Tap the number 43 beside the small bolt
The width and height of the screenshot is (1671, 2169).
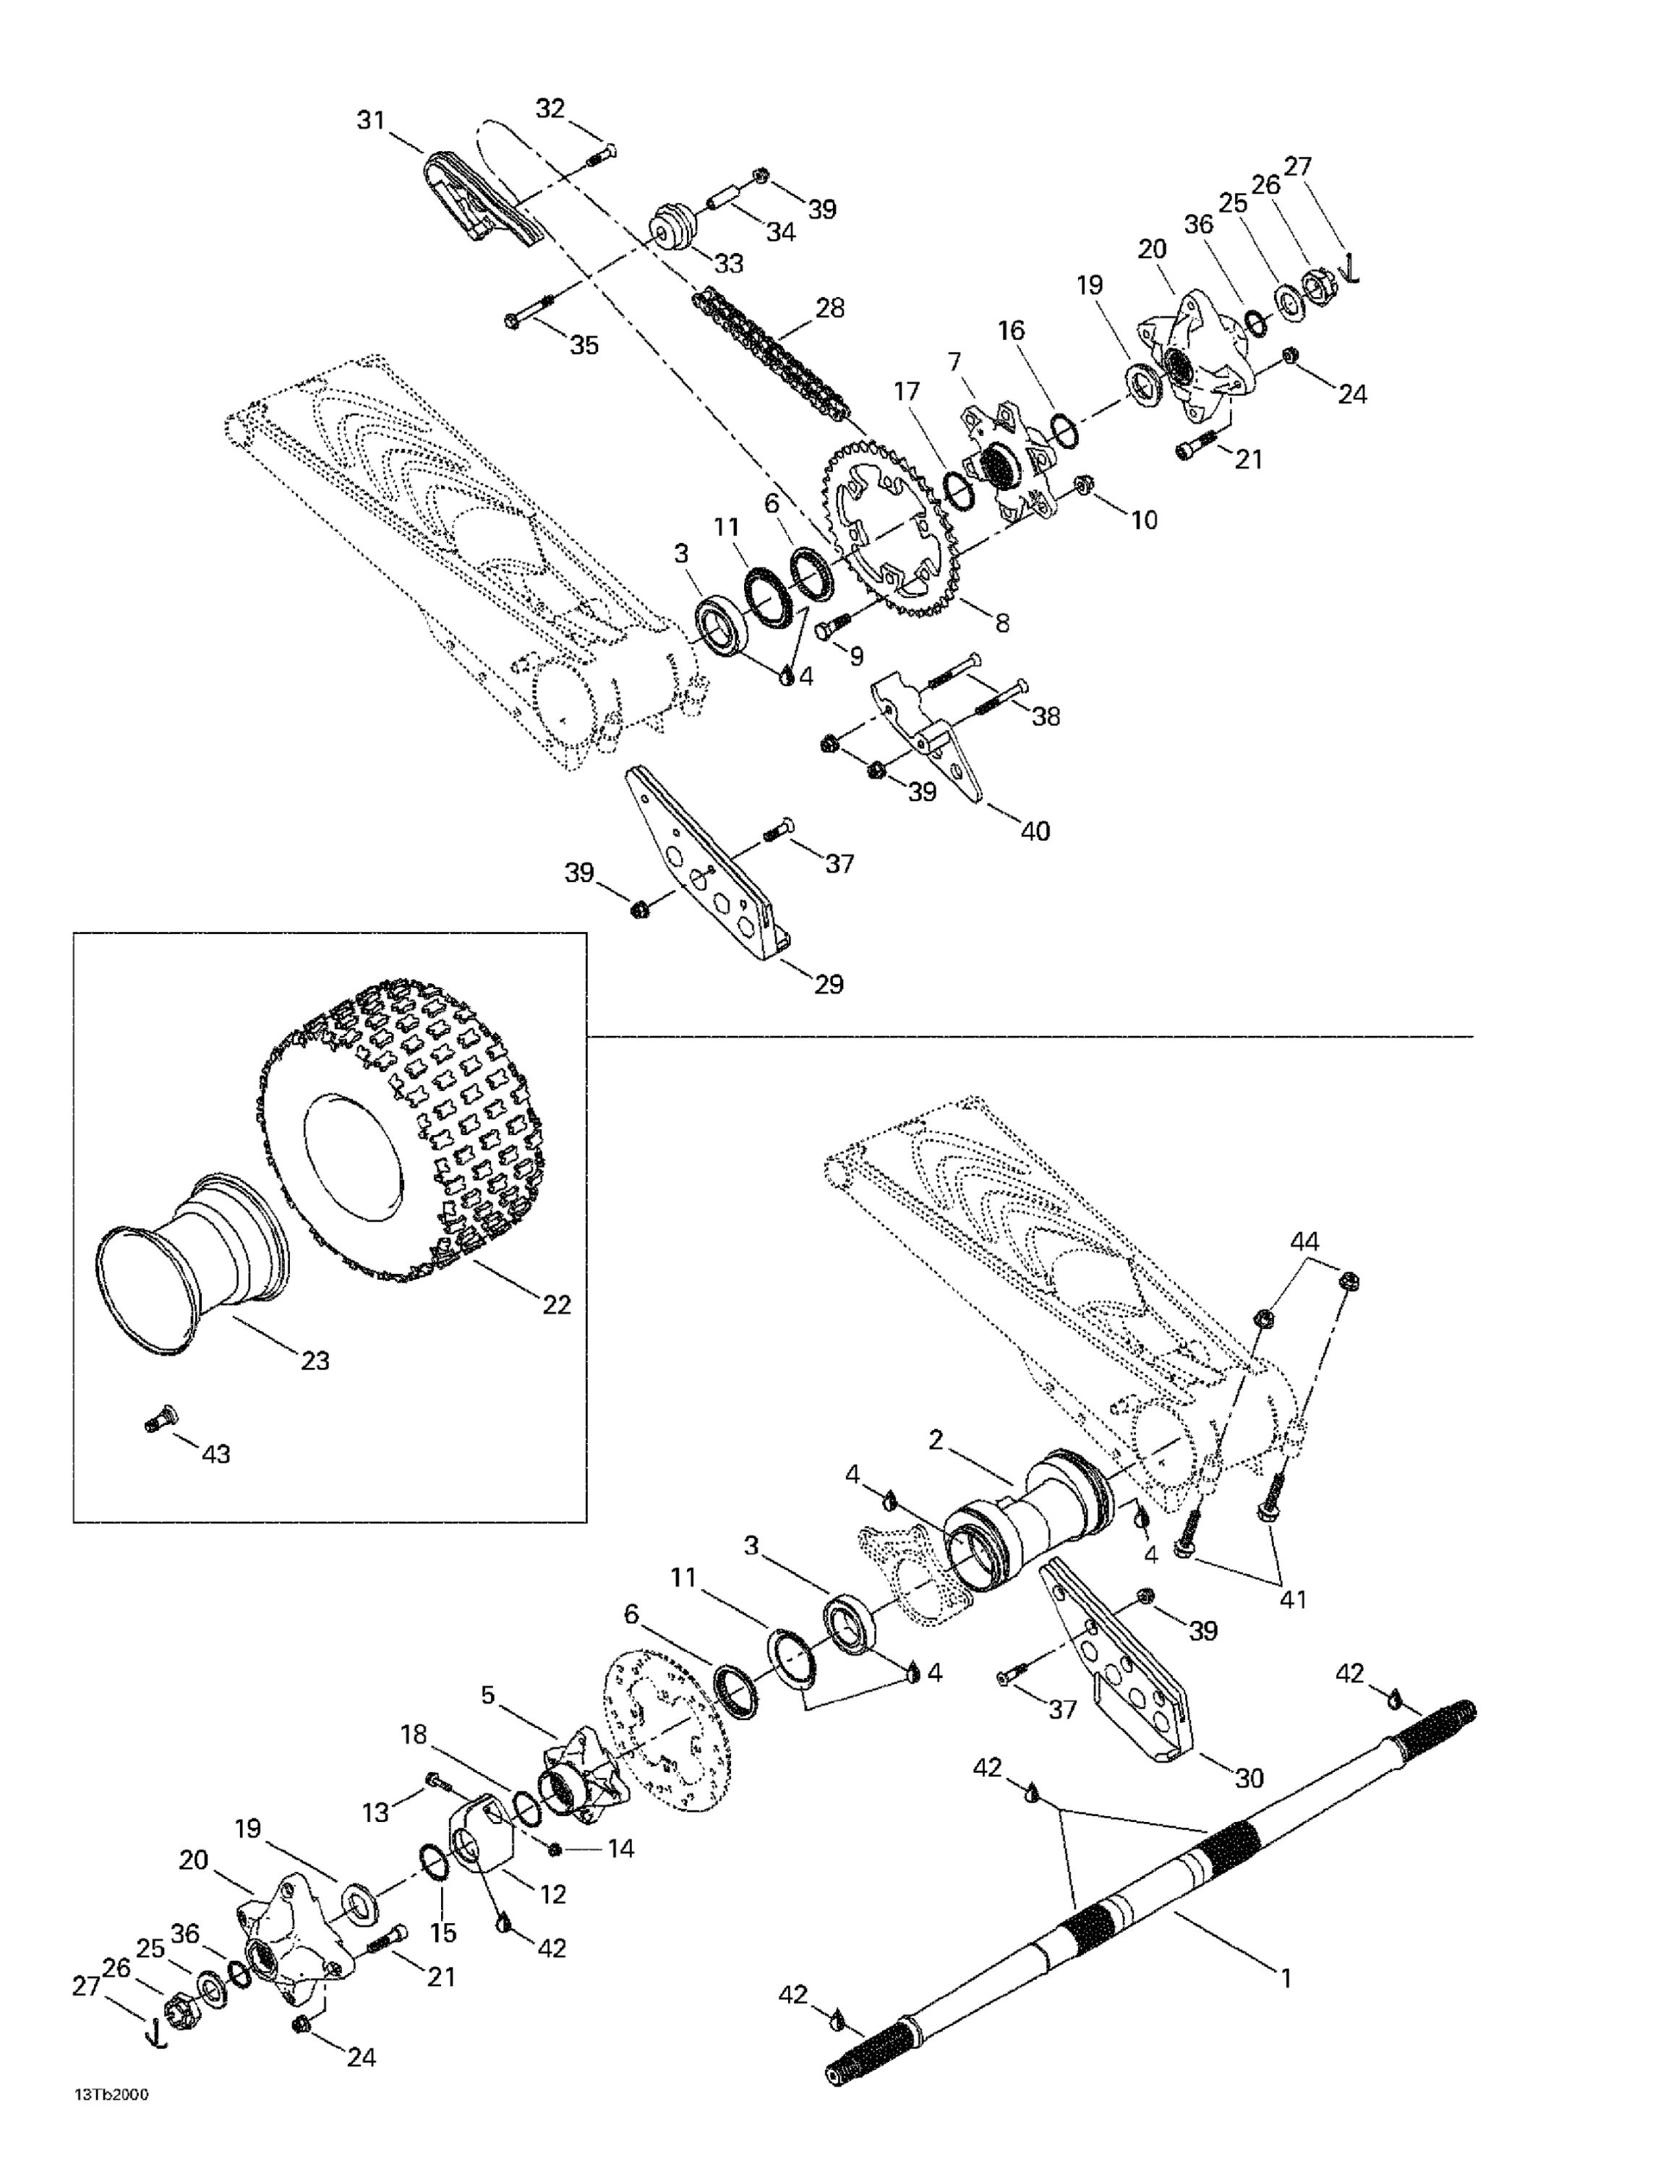click(x=215, y=1454)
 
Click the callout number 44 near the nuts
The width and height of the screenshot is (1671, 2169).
click(x=1304, y=1241)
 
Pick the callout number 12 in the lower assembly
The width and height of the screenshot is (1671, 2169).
click(x=552, y=1894)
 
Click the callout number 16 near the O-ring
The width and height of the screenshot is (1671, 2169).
click(x=1012, y=330)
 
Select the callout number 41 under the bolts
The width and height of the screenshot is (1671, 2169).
click(x=1291, y=1599)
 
